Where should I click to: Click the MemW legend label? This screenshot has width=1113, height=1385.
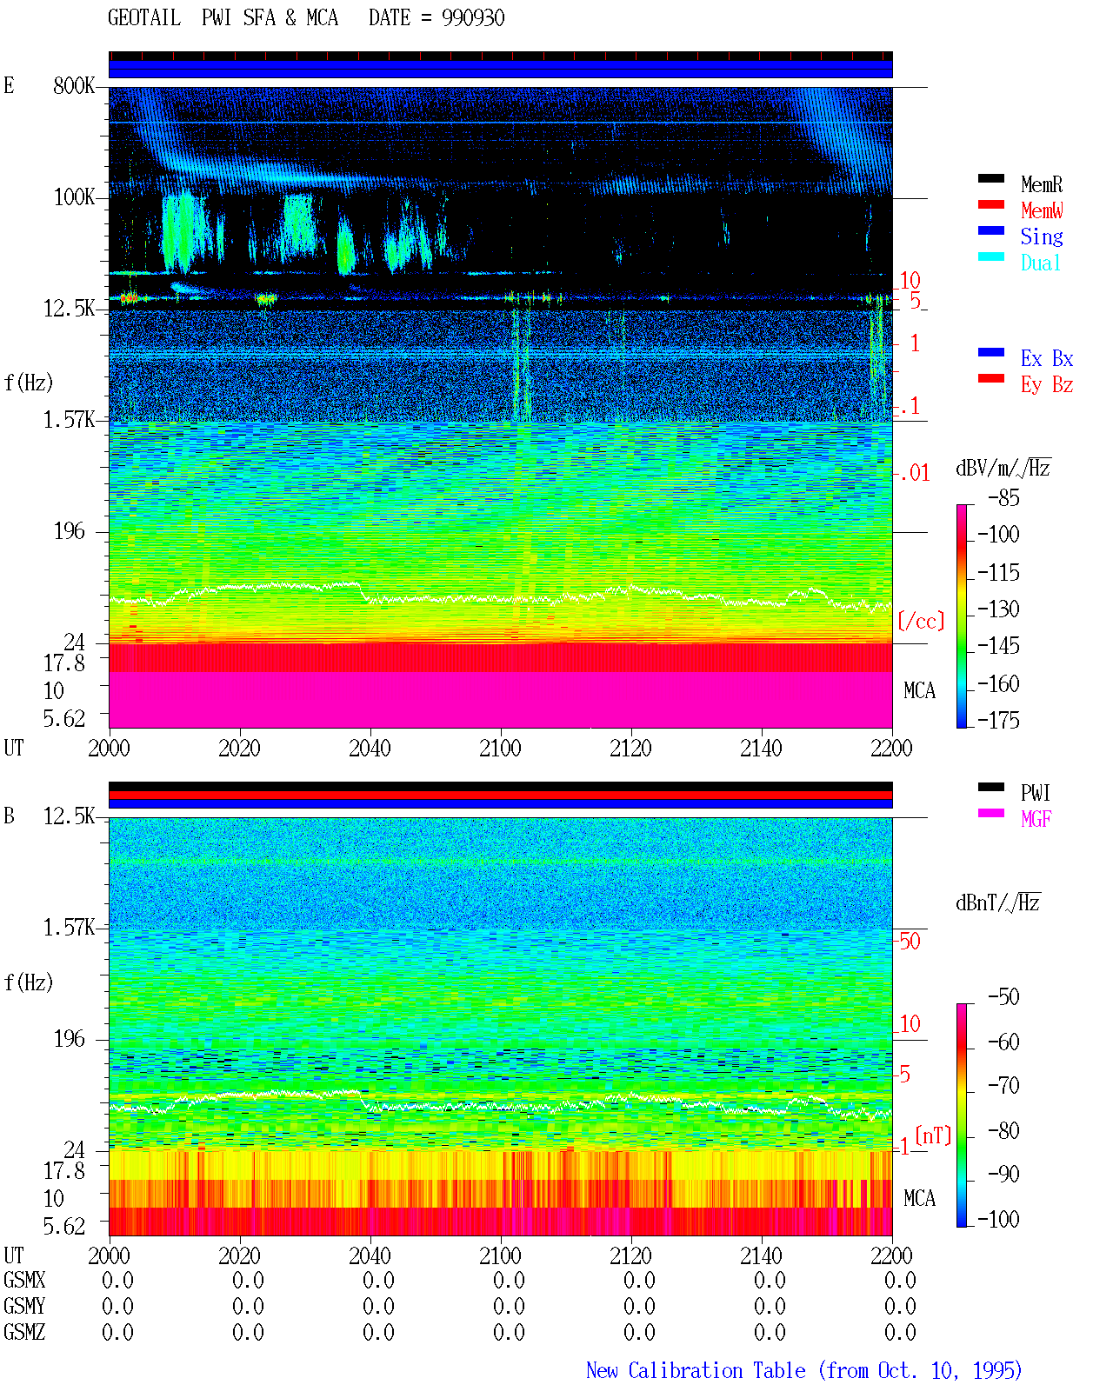pos(1041,210)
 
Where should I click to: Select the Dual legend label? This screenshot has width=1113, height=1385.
pos(1040,263)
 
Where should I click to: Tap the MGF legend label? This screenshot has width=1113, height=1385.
pos(1036,819)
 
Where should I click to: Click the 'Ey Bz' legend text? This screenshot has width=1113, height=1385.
pos(1046,384)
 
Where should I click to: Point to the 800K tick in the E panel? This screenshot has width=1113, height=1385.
pos(74,85)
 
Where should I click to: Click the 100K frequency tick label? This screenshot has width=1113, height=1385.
pos(74,197)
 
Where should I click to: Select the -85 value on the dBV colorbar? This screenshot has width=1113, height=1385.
pos(1003,497)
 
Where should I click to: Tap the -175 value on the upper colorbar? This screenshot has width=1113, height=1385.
pos(998,720)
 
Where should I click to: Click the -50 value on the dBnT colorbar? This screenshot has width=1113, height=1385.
pos(1003,997)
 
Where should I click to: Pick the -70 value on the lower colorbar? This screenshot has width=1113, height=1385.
pos(1003,1086)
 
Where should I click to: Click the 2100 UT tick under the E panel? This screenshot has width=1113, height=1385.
pos(500,748)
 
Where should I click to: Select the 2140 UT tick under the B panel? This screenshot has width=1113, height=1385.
pos(761,1255)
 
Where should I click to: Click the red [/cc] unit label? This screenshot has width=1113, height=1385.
pos(921,621)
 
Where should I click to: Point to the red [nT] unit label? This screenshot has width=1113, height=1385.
pos(933,1135)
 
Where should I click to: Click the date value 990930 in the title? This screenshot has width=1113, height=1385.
pos(473,18)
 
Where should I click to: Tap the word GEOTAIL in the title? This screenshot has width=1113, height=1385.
pos(144,18)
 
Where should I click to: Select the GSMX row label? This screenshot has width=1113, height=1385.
pos(24,1281)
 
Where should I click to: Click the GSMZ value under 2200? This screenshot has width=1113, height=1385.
pos(900,1332)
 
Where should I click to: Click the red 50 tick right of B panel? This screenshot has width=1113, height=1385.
pos(910,942)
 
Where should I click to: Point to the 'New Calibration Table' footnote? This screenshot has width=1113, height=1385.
pos(696,1371)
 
